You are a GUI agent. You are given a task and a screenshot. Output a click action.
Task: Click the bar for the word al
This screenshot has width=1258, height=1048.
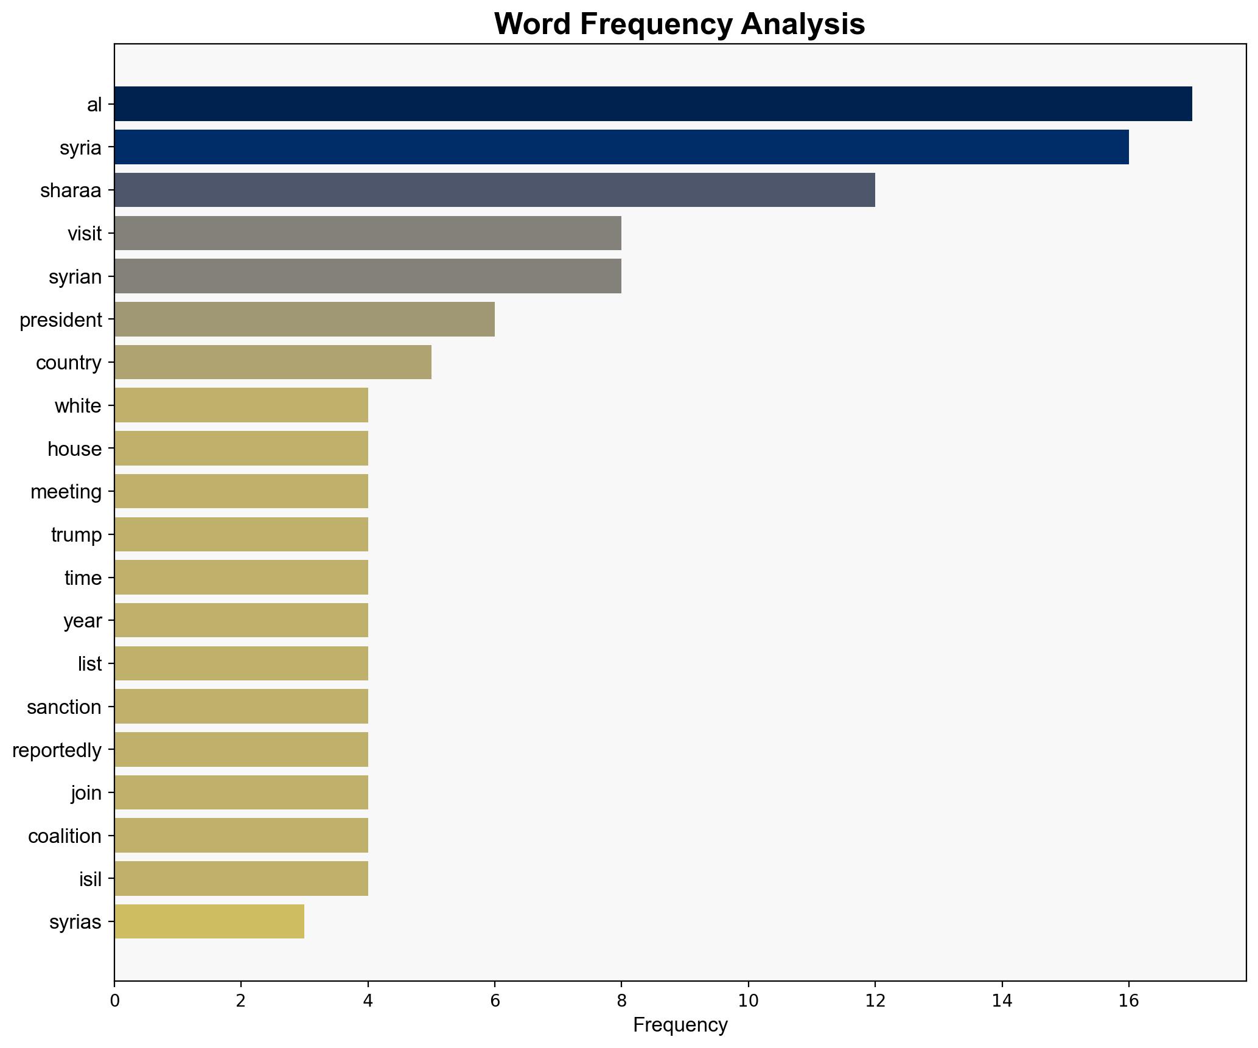(652, 104)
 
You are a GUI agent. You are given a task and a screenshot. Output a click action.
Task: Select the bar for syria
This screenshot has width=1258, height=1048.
(621, 147)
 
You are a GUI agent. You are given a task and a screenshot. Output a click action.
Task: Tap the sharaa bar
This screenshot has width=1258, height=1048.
(494, 190)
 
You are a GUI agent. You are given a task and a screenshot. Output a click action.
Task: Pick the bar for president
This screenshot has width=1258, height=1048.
(304, 320)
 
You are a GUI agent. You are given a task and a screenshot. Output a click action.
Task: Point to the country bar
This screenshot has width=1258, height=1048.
(273, 363)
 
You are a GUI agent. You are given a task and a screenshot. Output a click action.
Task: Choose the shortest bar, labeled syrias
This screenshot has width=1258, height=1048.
(209, 922)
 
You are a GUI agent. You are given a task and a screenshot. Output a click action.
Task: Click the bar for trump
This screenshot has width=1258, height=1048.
(241, 535)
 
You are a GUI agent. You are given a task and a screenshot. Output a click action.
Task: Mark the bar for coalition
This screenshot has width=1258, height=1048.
(241, 836)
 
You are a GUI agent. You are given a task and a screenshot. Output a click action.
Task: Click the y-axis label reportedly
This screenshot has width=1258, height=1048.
(57, 750)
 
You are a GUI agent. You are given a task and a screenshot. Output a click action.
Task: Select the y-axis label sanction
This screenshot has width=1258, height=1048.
(64, 707)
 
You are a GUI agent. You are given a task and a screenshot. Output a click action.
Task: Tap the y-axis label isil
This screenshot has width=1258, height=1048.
(90, 879)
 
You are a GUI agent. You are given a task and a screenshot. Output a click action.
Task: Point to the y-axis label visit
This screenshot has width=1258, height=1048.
(85, 234)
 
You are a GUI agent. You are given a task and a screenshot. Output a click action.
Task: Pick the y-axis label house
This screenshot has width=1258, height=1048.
(74, 449)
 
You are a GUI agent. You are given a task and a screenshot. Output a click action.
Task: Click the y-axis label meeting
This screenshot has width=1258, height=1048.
(66, 492)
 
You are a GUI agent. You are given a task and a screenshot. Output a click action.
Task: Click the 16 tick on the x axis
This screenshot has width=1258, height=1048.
(1128, 1001)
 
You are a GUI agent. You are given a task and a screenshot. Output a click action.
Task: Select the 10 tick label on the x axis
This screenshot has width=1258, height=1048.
(748, 1001)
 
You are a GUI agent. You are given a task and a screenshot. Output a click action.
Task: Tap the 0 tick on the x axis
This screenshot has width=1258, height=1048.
(114, 1001)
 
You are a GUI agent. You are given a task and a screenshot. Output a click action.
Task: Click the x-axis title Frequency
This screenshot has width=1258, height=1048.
(680, 1025)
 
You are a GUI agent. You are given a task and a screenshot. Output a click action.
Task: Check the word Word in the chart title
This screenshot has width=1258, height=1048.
(532, 24)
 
